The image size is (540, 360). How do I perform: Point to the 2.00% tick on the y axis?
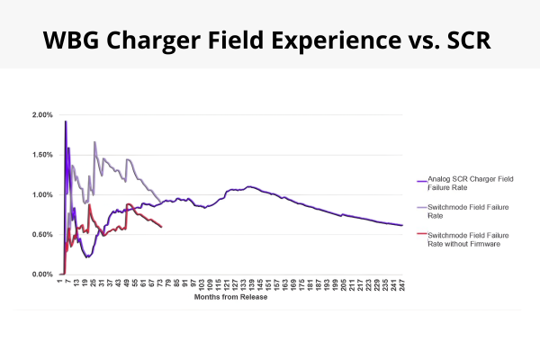41,115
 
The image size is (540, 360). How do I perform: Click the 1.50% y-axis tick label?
41,155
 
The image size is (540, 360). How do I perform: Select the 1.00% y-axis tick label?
41,194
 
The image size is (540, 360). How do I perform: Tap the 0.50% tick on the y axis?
41,234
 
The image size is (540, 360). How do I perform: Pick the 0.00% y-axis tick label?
41,274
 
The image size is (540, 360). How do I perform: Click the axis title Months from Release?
229,298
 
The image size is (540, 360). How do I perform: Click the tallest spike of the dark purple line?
66,121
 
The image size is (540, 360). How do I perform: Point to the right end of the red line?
161,227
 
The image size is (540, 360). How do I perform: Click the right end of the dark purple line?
402,225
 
